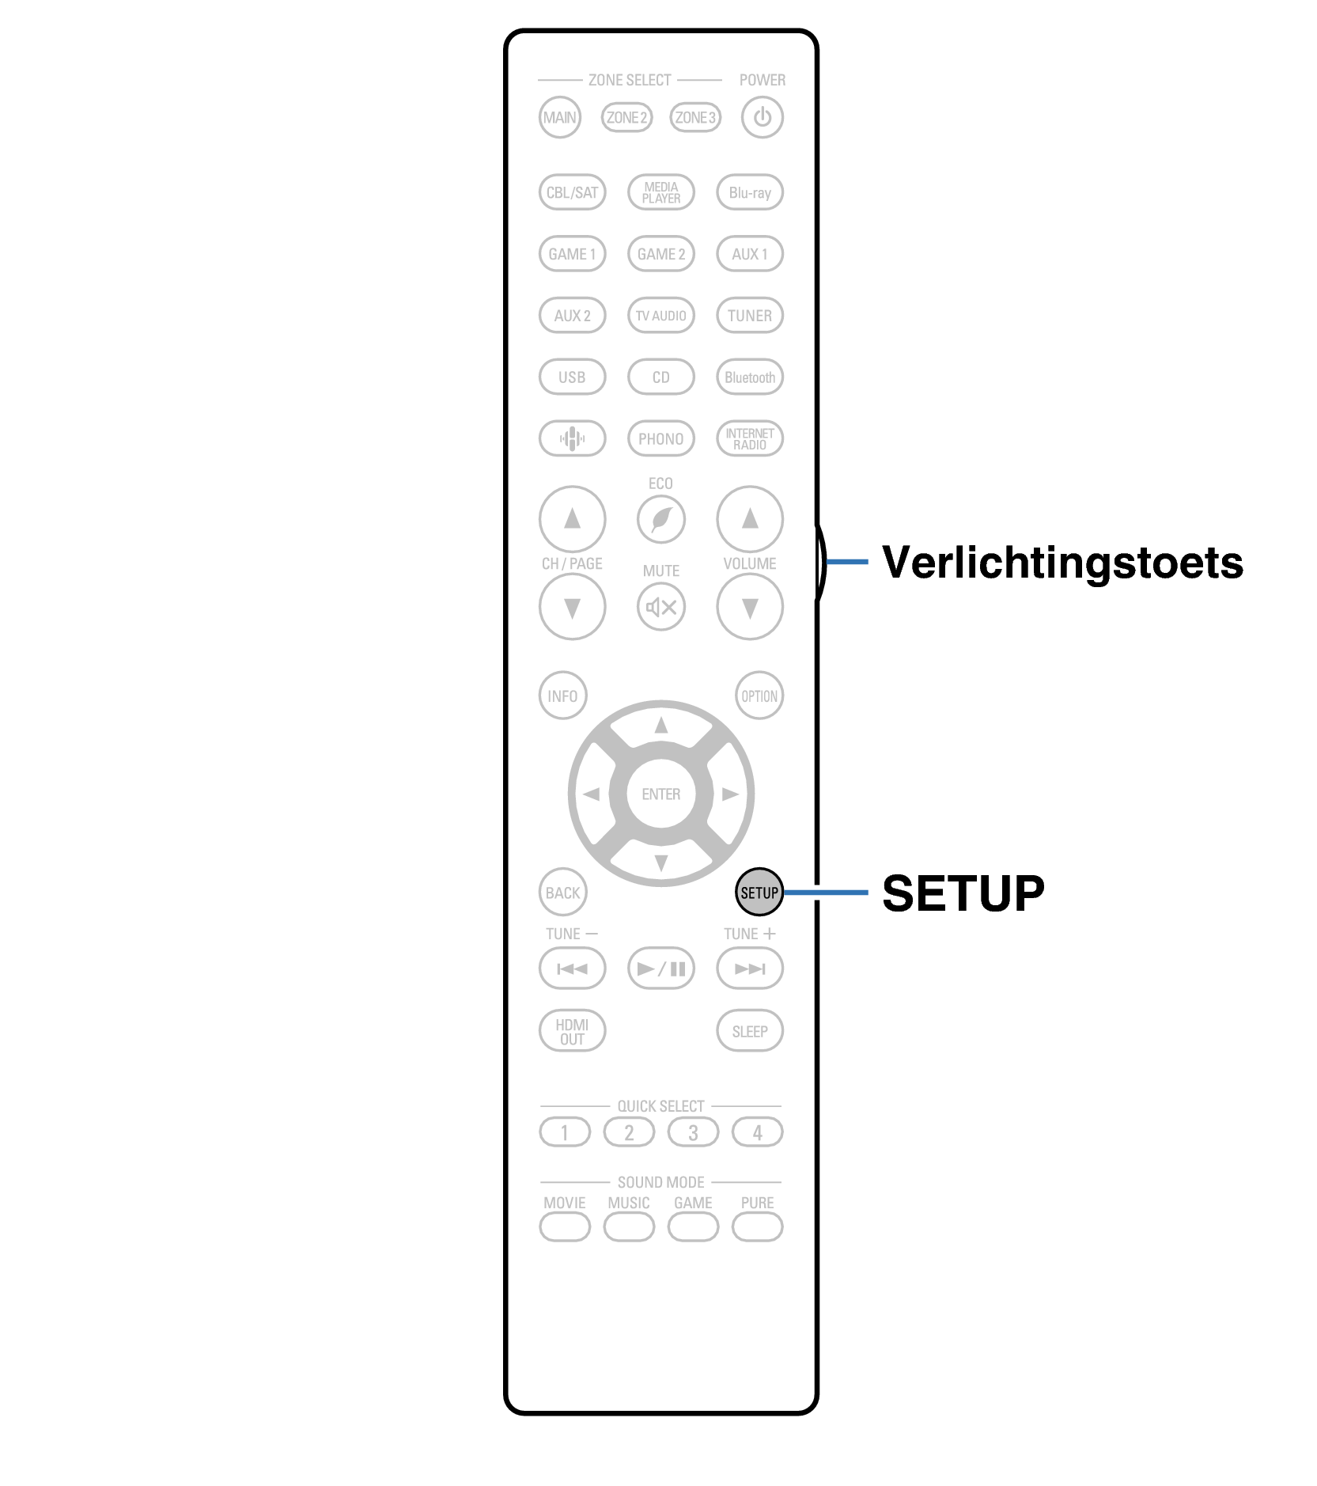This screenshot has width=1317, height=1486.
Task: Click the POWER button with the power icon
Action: tap(762, 117)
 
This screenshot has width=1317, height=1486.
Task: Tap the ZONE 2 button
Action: tap(626, 118)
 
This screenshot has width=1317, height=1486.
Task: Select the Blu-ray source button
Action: tap(749, 192)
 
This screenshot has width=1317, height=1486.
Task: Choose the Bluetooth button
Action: tap(749, 377)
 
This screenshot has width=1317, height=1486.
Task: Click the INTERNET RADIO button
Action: tap(749, 438)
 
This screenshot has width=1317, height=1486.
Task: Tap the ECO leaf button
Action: tap(660, 519)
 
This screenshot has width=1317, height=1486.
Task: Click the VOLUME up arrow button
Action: tap(749, 519)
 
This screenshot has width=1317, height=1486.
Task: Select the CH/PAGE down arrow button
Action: tap(572, 607)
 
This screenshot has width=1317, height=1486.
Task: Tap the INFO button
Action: tap(562, 696)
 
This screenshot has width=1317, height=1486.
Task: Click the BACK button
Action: tap(562, 893)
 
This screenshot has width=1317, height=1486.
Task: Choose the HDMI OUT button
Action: tap(572, 1031)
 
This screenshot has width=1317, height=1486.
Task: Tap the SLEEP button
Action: tap(749, 1031)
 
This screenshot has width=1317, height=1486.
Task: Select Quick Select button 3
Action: tap(693, 1132)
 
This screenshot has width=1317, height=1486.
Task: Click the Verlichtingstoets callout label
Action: tap(1062, 563)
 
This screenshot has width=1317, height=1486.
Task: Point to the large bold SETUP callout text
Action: tap(963, 893)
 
